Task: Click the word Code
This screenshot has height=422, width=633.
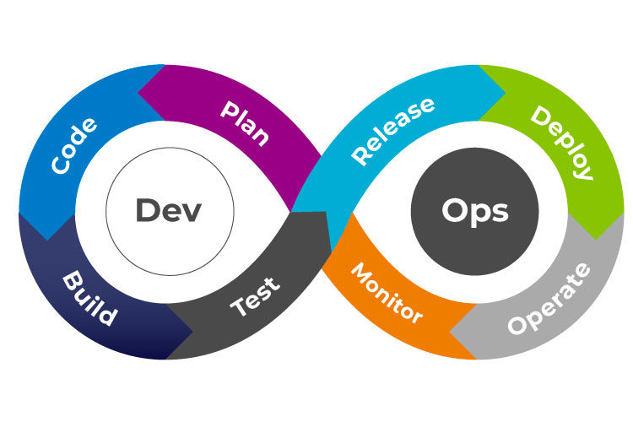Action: coord(74,145)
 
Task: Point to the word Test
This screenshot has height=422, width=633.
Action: coord(255,295)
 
